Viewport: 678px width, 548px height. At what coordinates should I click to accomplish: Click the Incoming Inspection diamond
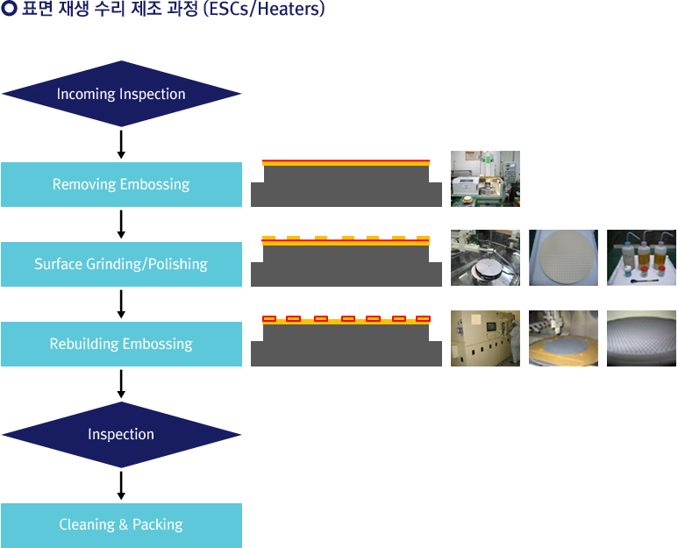(x=121, y=94)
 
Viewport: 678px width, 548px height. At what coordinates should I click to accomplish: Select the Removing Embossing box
(x=121, y=184)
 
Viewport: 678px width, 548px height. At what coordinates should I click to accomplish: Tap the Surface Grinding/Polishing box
(x=121, y=264)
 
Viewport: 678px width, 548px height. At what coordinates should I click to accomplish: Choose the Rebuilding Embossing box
(x=121, y=344)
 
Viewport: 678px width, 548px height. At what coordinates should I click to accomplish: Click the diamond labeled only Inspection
(x=121, y=434)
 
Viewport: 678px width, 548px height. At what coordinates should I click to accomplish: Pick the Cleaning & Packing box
(x=121, y=525)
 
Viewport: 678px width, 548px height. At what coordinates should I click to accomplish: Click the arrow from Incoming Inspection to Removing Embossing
(x=121, y=145)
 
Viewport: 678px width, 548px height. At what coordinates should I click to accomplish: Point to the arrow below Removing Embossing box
(x=121, y=224)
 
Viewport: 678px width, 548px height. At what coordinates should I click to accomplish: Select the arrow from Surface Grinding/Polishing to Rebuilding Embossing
(x=121, y=304)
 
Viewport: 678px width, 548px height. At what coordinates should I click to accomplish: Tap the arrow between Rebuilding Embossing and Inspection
(x=121, y=384)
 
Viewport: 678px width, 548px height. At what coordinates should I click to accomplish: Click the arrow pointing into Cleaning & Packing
(x=121, y=486)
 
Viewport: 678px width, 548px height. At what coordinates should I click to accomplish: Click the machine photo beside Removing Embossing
(x=485, y=179)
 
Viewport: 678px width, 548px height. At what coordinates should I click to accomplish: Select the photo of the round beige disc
(x=563, y=258)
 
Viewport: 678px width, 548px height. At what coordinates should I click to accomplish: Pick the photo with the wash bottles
(x=642, y=258)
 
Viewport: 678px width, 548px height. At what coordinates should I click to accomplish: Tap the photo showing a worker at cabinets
(x=485, y=338)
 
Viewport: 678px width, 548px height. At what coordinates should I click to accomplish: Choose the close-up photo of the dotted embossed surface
(x=642, y=338)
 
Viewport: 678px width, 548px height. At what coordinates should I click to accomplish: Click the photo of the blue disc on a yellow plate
(x=563, y=338)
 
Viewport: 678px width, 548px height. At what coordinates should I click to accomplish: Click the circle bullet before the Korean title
(x=9, y=9)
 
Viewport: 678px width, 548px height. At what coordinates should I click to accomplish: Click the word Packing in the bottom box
(x=158, y=525)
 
